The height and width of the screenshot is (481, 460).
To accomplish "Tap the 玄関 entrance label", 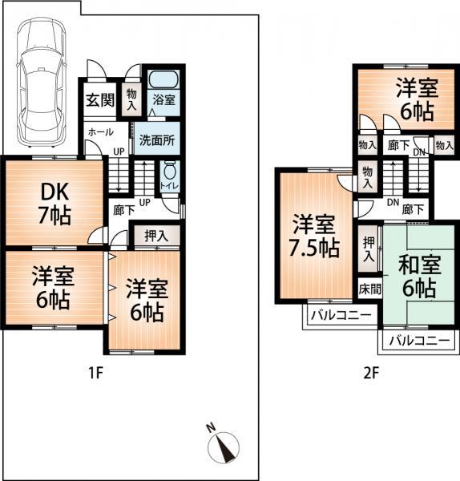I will coord(99,101).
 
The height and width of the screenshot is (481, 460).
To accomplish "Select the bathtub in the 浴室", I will coord(164,81).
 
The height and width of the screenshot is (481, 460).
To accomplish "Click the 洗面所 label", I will coord(158,138).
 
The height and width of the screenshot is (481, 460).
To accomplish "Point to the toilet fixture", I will coord(170,172).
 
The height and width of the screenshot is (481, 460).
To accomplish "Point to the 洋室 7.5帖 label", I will coord(313,236).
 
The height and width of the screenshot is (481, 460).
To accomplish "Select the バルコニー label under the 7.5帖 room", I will coord(341,315).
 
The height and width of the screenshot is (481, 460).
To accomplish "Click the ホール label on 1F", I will coord(99,131).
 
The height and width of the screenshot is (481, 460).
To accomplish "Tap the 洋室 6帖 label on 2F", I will coord(414,99).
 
